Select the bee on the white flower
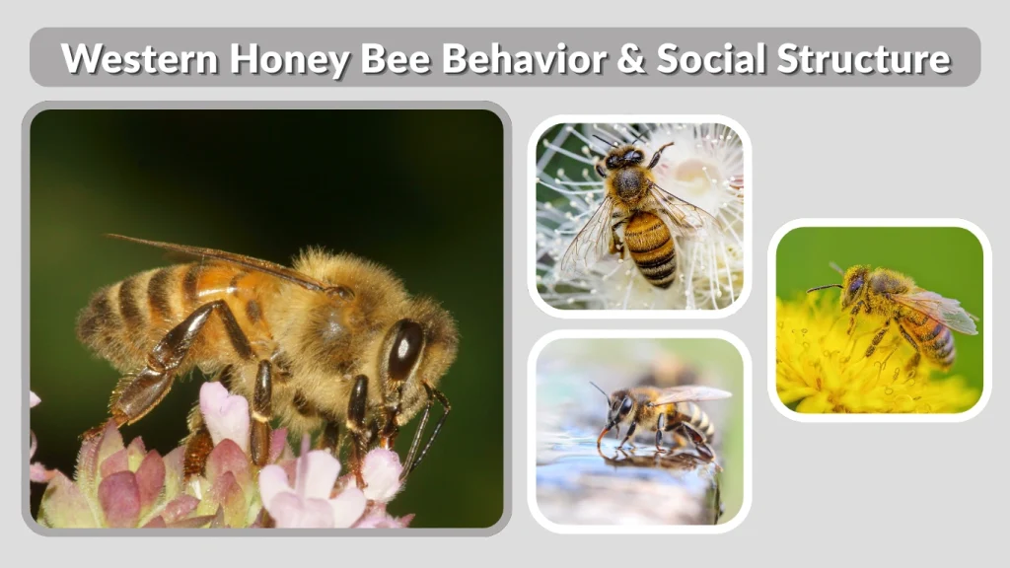coord(639,212)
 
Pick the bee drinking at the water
coord(656,414)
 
